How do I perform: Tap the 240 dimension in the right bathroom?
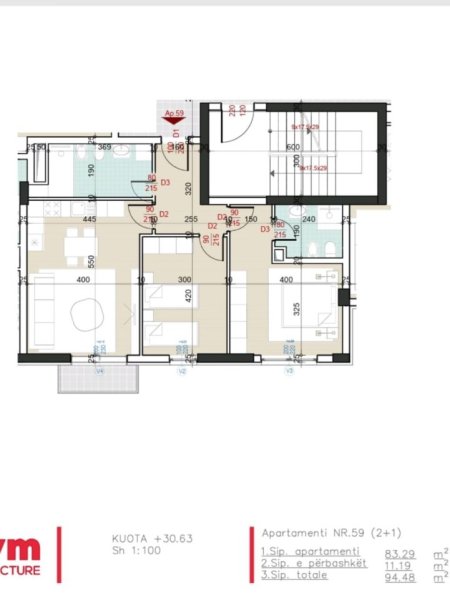[x=309, y=219]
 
